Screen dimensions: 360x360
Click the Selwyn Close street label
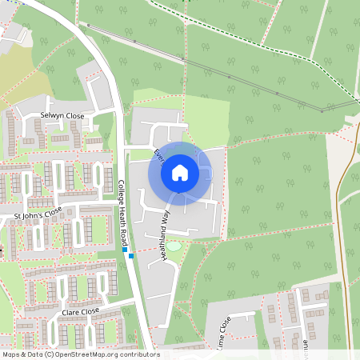pyautogui.click(x=62, y=115)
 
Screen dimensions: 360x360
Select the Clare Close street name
pyautogui.click(x=80, y=310)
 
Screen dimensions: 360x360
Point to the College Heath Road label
pyautogui.click(x=123, y=213)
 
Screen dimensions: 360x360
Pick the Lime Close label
pyautogui.click(x=222, y=331)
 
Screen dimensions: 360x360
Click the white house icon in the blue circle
pyautogui.click(x=180, y=173)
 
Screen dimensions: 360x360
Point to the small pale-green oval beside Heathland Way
pyautogui.click(x=174, y=246)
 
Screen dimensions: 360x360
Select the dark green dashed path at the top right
pyautogui.click(x=264, y=40)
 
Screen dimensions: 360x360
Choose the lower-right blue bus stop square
pyautogui.click(x=130, y=257)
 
